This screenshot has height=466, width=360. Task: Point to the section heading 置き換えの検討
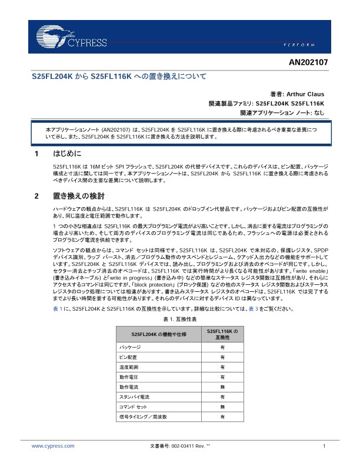78,195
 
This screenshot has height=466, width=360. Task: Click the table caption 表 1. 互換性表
180,318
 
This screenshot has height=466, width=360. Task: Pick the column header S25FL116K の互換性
222,334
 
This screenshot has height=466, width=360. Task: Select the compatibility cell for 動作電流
222,387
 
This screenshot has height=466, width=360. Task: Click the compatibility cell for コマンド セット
222,407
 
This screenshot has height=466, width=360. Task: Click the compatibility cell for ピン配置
222,357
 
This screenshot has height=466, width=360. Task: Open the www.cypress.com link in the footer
53,447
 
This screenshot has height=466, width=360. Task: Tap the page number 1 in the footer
324,447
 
